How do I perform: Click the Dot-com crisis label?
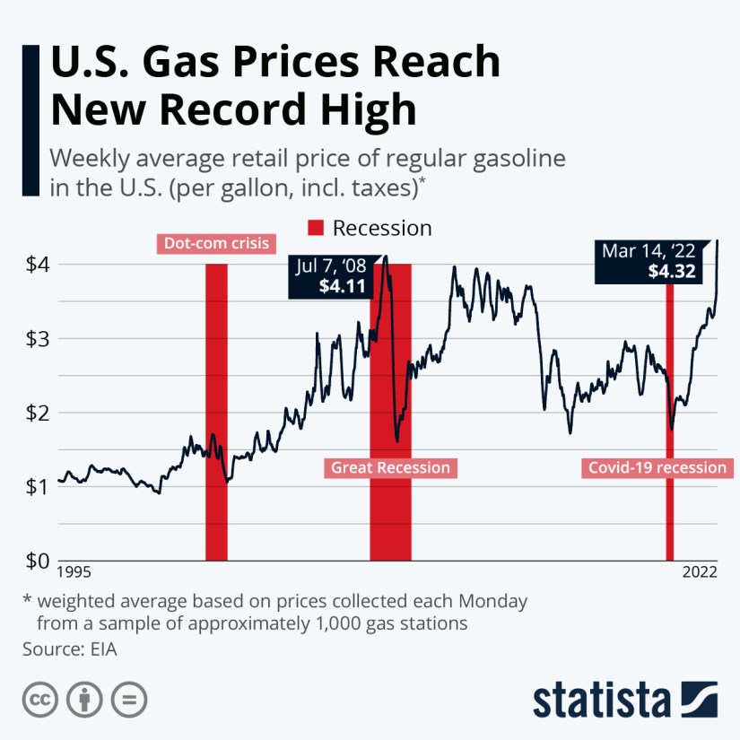(x=216, y=243)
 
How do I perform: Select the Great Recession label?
(x=391, y=467)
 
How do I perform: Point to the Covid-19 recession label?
(x=657, y=467)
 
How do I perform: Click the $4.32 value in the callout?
(x=671, y=272)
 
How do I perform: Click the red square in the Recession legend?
(x=316, y=228)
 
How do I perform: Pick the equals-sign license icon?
(x=131, y=700)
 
